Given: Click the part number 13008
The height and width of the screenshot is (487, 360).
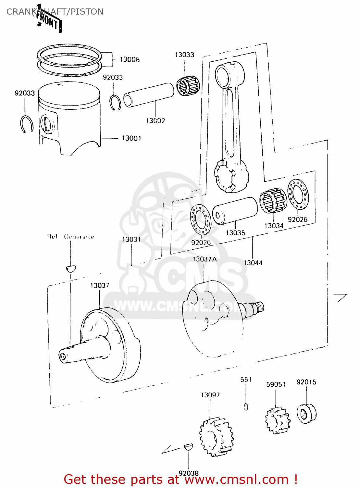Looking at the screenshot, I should [x=130, y=59].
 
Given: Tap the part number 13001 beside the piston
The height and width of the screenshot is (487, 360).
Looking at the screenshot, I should [x=131, y=138].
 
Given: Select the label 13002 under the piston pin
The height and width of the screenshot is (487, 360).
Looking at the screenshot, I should [x=155, y=121].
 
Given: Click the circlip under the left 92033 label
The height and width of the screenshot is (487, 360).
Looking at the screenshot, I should [x=27, y=124].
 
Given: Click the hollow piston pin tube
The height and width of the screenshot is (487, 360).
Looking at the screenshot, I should [x=149, y=94].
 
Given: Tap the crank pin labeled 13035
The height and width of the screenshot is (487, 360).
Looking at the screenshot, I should [x=235, y=211].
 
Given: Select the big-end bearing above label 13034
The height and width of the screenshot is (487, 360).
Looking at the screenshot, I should [x=273, y=201].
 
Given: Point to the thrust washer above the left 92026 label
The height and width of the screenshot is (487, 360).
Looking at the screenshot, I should [x=200, y=219].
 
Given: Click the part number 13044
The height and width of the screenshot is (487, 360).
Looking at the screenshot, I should [x=253, y=263].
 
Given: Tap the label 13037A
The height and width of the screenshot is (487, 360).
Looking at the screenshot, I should [x=204, y=259].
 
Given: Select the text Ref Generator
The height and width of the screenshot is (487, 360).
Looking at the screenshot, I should [x=70, y=237].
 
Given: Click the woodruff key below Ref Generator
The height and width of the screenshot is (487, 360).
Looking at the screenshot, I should [x=70, y=268].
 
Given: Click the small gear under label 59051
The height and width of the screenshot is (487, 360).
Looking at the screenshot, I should [x=278, y=421].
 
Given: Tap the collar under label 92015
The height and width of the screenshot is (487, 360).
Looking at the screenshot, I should [x=306, y=414].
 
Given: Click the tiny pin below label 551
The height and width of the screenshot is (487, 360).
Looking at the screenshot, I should [x=246, y=406].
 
